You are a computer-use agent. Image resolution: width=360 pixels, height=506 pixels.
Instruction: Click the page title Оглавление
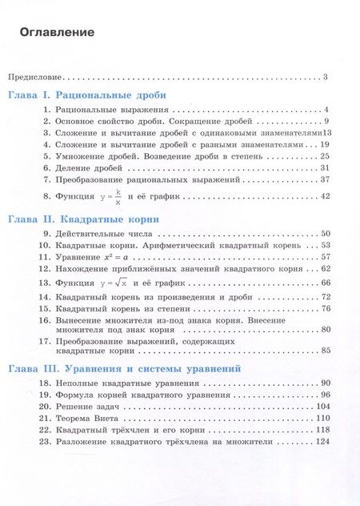(x=57, y=33)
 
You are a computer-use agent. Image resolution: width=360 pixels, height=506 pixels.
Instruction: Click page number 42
(x=325, y=196)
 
